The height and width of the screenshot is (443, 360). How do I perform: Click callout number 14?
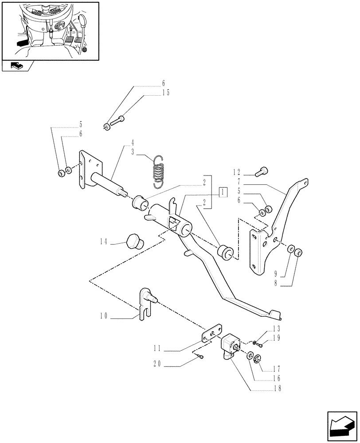tap(104, 242)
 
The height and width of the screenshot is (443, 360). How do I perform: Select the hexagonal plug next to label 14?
tap(134, 243)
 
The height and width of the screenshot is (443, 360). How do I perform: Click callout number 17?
tap(278, 369)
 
